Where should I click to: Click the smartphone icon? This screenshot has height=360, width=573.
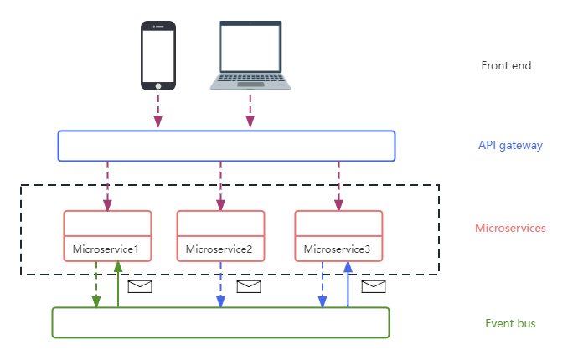tap(158, 55)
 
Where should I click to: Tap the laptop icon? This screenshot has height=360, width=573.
tap(249, 55)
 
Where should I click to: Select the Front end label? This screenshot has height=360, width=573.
tap(506, 66)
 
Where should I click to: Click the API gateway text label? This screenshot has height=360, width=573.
tap(510, 146)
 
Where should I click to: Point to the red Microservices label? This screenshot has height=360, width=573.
tap(510, 228)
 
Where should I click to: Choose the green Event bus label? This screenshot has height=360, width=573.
tap(510, 324)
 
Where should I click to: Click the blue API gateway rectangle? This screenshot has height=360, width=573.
tap(226, 146)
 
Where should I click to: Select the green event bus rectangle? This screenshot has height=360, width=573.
tap(220, 322)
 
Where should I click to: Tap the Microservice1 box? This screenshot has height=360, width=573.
tap(107, 236)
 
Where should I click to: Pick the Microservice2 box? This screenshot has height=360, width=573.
tap(220, 236)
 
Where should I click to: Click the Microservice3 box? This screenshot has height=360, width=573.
tap(338, 236)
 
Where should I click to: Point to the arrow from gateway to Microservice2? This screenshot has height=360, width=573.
tap(220, 185)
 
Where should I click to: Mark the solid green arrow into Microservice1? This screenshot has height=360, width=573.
tap(118, 285)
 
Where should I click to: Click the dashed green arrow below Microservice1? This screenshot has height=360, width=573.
tap(96, 285)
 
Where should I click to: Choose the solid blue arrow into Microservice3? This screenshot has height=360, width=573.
tap(348, 285)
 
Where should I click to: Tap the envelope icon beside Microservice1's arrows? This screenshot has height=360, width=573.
tap(139, 287)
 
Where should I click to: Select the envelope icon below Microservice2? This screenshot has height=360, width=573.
tap(249, 287)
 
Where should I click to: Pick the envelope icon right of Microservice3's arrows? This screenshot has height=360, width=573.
tap(374, 287)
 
